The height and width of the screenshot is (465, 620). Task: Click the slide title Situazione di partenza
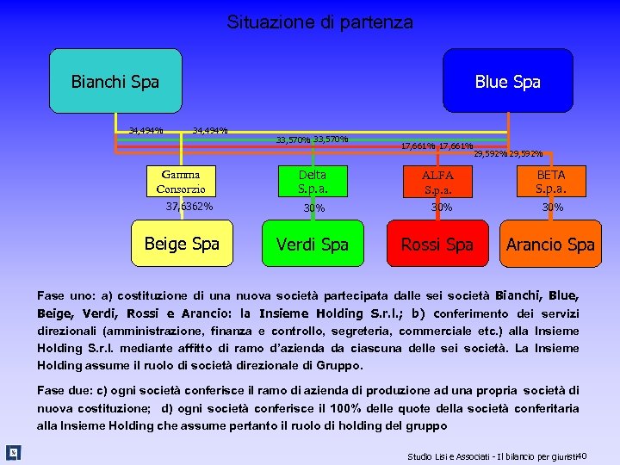(319, 22)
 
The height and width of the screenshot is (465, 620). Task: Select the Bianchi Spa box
(115, 81)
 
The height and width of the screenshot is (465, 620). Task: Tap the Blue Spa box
(507, 81)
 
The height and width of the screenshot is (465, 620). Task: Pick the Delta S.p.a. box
(312, 182)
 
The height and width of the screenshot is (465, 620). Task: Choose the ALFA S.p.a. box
(437, 182)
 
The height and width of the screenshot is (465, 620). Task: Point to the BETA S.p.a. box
(550, 182)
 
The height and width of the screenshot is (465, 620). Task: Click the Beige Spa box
(182, 244)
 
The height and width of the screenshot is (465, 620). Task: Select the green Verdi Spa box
(312, 244)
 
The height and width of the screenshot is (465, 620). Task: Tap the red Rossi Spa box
(437, 244)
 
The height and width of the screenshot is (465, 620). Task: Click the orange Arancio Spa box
(550, 244)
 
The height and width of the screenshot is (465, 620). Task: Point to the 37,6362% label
(189, 207)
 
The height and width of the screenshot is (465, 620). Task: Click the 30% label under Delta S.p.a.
(313, 208)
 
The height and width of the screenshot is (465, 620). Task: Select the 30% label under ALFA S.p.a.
(441, 207)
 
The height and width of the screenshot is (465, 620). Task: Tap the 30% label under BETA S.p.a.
(552, 208)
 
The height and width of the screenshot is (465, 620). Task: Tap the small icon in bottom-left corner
(14, 452)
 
